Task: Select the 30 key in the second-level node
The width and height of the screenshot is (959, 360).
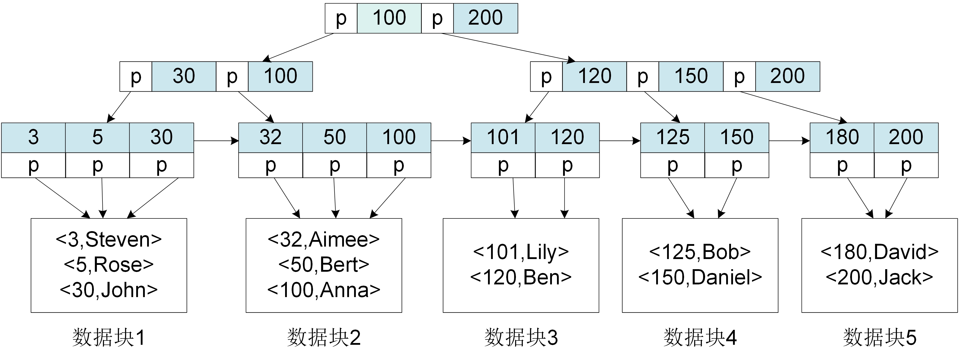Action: (x=184, y=76)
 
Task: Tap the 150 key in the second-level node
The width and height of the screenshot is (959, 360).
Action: (x=691, y=76)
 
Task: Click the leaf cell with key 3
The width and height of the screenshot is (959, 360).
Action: (x=33, y=137)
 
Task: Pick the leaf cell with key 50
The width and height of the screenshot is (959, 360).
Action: (x=334, y=137)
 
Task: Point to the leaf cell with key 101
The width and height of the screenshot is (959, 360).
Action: (x=503, y=137)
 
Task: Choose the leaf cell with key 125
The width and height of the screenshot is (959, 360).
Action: (x=672, y=137)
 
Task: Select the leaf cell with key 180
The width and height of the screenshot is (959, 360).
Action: (x=842, y=137)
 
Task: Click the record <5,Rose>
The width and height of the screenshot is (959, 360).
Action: (x=109, y=265)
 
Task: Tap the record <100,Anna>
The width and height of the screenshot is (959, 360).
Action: (x=324, y=290)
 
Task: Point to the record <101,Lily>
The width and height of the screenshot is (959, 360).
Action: (x=521, y=252)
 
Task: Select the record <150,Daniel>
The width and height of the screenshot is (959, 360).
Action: (x=700, y=277)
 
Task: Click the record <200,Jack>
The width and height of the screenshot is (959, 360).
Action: (x=879, y=277)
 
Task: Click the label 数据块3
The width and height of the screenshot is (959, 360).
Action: (x=521, y=338)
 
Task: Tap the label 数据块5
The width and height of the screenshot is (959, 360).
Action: (x=879, y=338)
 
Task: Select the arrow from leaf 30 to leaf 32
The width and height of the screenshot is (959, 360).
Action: (x=216, y=141)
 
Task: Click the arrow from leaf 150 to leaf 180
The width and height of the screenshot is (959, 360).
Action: (x=789, y=141)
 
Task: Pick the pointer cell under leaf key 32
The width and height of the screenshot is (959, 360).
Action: (x=270, y=165)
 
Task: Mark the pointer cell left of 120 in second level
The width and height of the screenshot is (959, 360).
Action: (x=546, y=76)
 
